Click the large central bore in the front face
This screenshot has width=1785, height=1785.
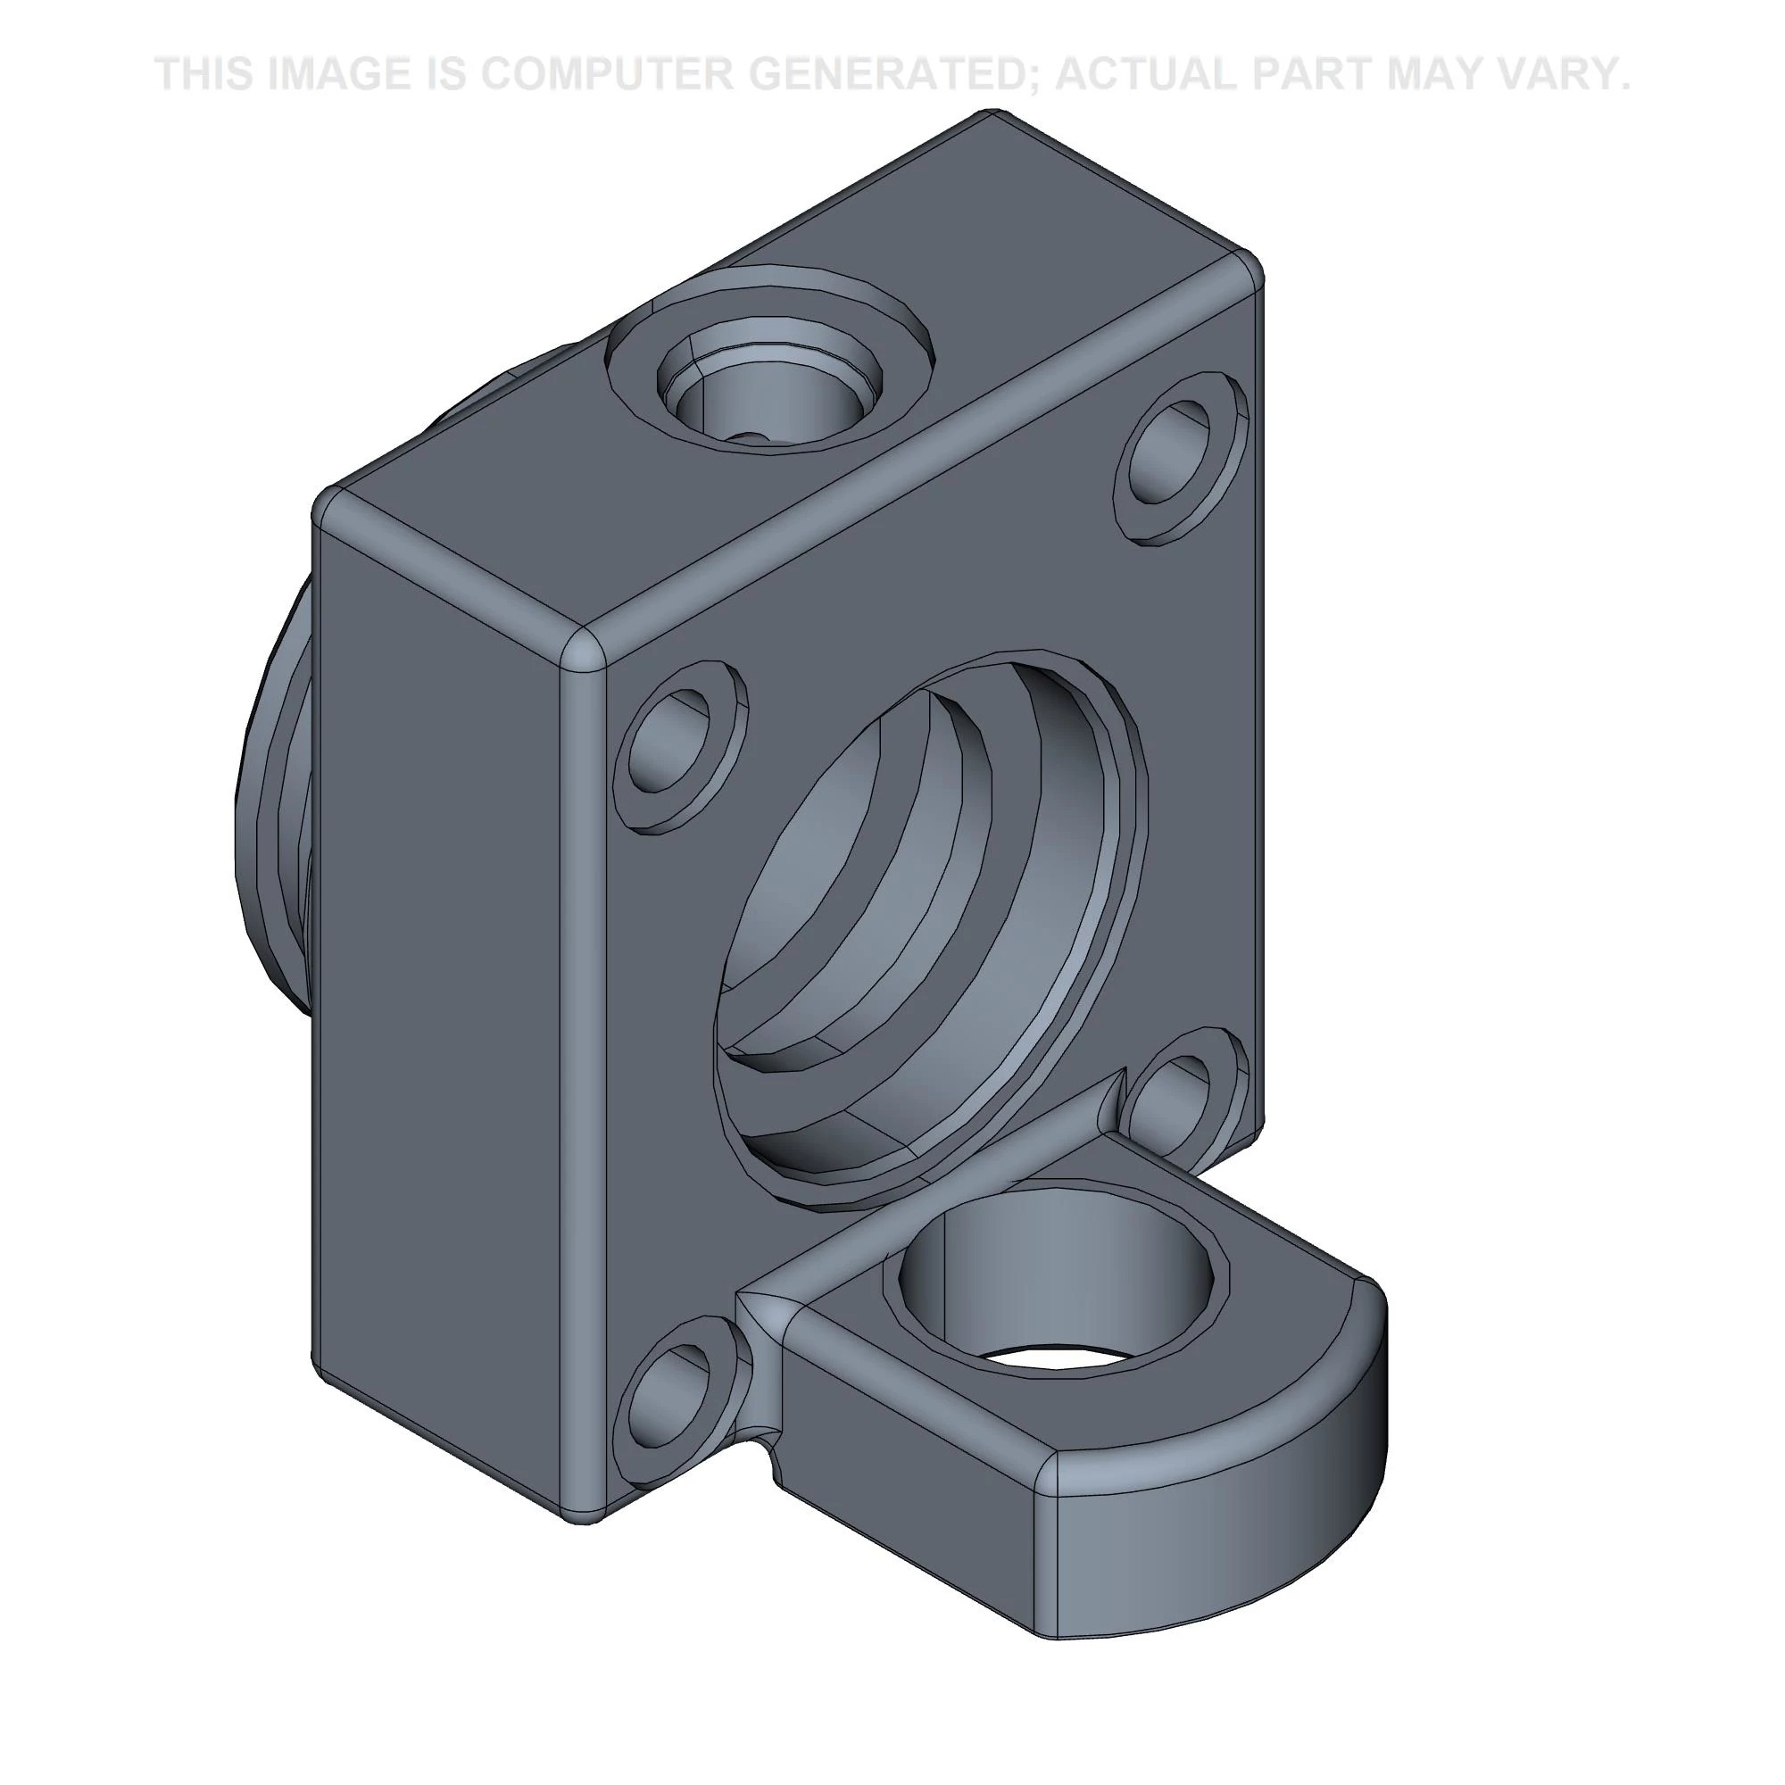click(924, 924)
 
